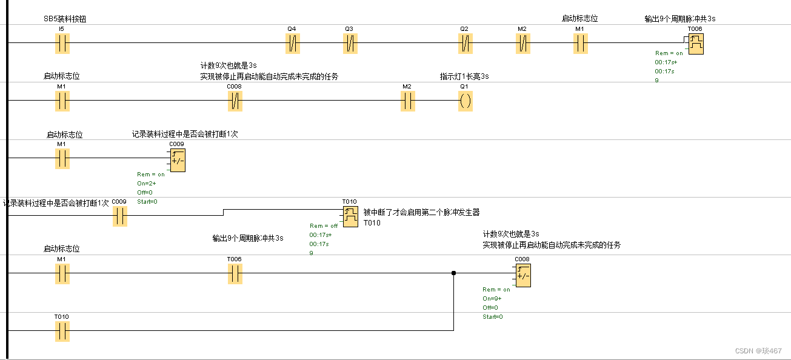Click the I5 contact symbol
[x=62, y=43]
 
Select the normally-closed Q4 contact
[x=293, y=43]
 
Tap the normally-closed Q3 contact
[x=350, y=43]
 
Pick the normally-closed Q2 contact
[x=465, y=43]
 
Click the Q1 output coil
[x=465, y=101]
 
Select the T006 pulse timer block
[x=696, y=43]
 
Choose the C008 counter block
[x=522, y=275]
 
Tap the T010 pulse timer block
[x=350, y=216]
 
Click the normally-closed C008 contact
[x=235, y=101]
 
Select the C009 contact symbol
[x=119, y=216]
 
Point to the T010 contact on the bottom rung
[x=62, y=332]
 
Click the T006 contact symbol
[x=235, y=274]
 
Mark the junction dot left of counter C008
[x=454, y=273]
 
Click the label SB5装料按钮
[x=65, y=19]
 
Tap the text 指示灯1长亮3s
[x=464, y=76]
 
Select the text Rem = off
[x=324, y=226]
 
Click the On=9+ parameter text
[x=493, y=299]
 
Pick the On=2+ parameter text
[x=147, y=183]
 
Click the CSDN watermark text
[x=758, y=351]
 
